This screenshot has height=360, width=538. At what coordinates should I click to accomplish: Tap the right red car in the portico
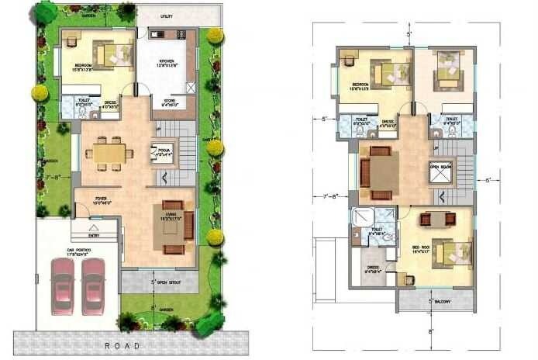93,286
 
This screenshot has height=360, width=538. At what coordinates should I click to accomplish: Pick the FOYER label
101,200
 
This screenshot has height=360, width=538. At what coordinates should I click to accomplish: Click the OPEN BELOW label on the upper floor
440,166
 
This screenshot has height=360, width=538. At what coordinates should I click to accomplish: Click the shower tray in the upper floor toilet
362,216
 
